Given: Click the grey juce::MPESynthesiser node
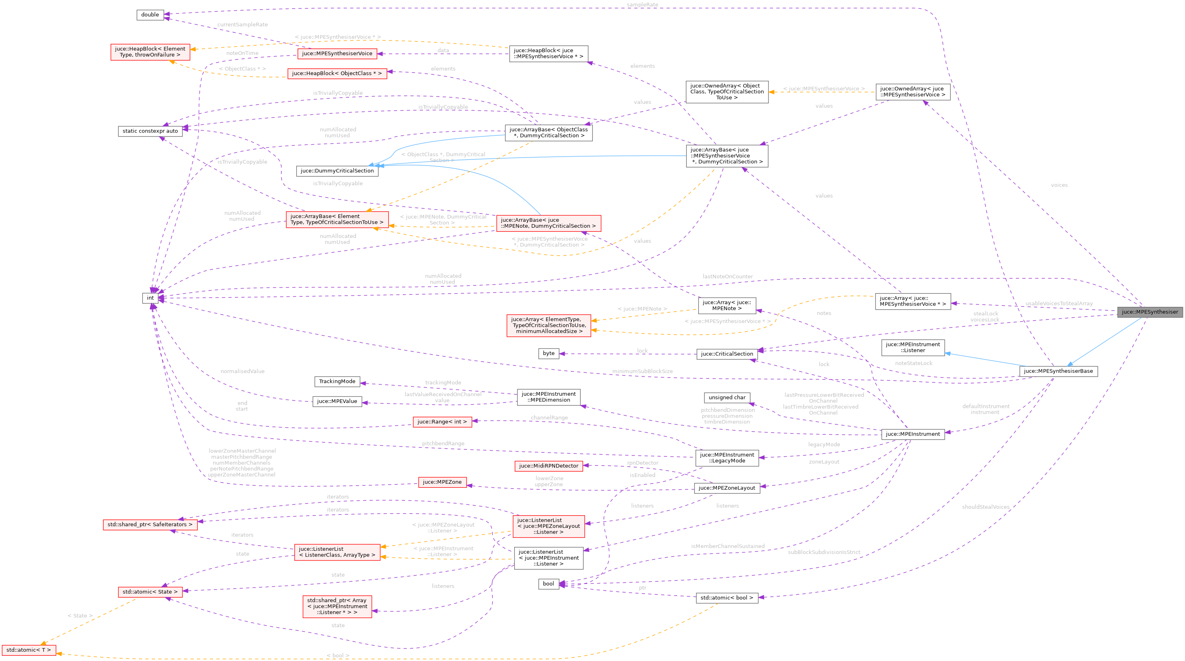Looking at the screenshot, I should [x=1149, y=312].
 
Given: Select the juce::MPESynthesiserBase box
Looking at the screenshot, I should [x=1058, y=371].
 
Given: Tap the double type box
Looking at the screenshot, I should [x=150, y=15].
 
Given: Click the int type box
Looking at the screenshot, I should [x=150, y=298].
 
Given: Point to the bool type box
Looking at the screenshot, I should [x=549, y=583].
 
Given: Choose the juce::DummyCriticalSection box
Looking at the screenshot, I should [x=337, y=171].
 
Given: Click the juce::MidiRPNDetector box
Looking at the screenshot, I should [x=549, y=466].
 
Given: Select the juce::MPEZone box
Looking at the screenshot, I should [x=442, y=482].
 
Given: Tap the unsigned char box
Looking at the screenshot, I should [x=727, y=397].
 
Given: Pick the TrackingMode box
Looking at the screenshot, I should [x=337, y=381].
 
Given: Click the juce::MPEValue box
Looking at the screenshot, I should [x=337, y=401].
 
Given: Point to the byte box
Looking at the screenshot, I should [x=549, y=353].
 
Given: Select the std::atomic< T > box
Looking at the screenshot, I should [x=29, y=650].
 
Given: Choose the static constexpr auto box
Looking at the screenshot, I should [x=150, y=131].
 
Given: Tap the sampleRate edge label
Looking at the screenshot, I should [x=642, y=4].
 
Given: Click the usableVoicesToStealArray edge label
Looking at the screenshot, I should [x=1059, y=303].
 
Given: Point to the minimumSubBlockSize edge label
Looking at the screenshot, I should [x=642, y=371].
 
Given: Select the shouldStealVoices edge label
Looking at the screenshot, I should [x=985, y=507].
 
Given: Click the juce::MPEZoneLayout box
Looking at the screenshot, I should [x=727, y=488].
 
